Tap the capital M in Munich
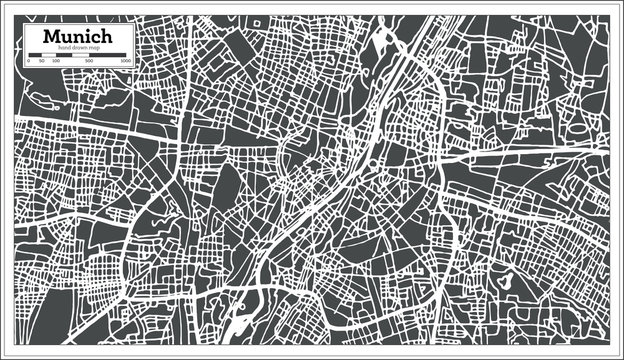pyautogui.click(x=50, y=37)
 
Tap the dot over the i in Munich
pyautogui.click(x=86, y=32)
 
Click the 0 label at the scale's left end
pyautogui.click(x=29, y=62)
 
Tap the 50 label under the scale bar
pyautogui.click(x=41, y=62)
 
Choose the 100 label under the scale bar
pyautogui.click(x=55, y=62)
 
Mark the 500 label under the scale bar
pyautogui.click(x=89, y=62)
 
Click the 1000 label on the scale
pyautogui.click(x=125, y=62)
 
